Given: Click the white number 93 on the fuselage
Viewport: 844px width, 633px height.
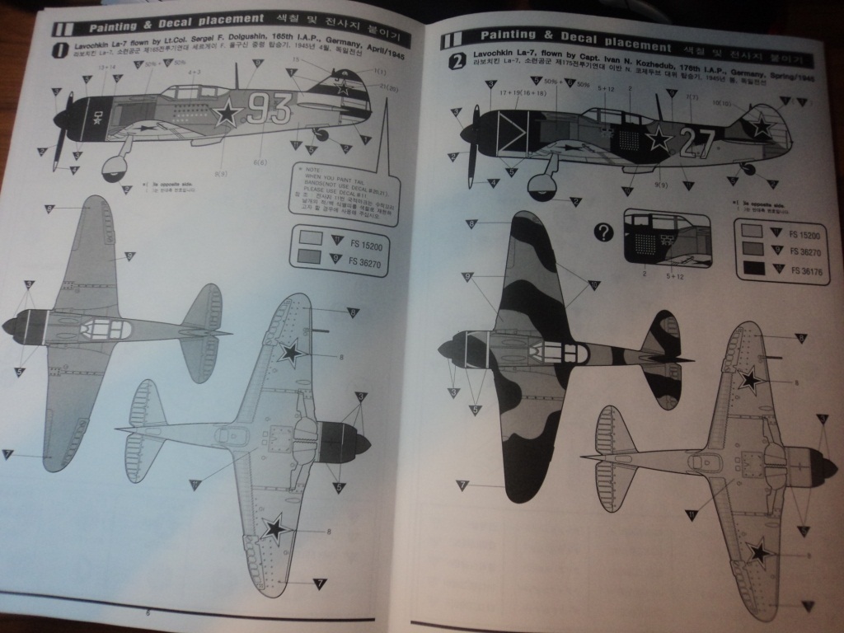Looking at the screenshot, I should [x=270, y=108].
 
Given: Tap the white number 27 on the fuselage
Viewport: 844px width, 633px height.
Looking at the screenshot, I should [x=698, y=142].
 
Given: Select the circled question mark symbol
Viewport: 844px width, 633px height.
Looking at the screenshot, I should [x=605, y=232].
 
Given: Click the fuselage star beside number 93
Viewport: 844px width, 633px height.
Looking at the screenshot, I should [x=227, y=113].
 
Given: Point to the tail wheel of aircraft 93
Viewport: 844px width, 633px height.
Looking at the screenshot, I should [x=321, y=134].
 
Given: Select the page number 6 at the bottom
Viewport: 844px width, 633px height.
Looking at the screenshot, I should [x=148, y=612].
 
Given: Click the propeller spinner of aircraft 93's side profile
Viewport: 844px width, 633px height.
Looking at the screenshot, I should [x=61, y=119].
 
